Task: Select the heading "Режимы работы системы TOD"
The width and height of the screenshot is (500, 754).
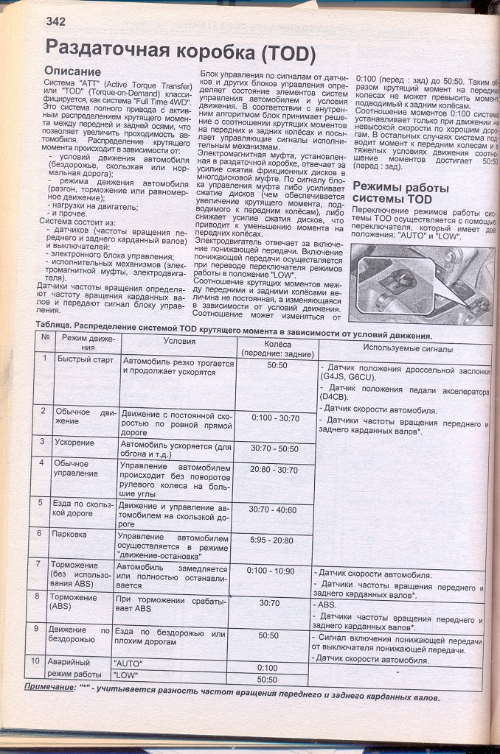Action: coord(400,192)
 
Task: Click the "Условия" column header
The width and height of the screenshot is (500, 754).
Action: coord(178,342)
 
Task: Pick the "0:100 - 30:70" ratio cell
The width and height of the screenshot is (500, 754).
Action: coord(274,417)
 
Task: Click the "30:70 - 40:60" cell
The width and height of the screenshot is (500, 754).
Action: coord(273,509)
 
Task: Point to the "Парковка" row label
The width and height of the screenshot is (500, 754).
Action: coord(70,533)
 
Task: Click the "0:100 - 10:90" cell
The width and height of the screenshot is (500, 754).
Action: coord(271,570)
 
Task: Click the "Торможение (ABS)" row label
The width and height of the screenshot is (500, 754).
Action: coord(72,602)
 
